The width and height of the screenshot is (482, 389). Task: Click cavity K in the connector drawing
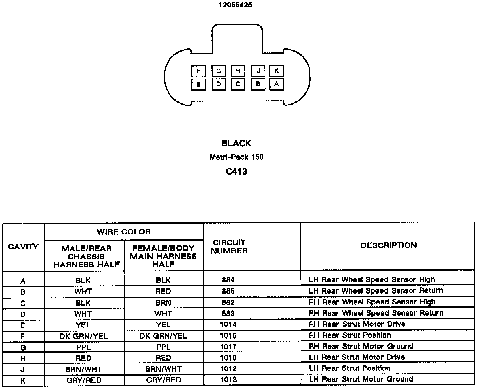[x=276, y=71]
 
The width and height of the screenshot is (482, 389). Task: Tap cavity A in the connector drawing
[x=276, y=84]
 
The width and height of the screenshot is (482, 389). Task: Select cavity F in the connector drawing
[x=198, y=71]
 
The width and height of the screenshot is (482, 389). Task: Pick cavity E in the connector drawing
[x=198, y=84]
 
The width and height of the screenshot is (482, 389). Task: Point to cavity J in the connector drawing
[x=258, y=71]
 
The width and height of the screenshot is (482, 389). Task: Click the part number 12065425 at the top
[x=235, y=5]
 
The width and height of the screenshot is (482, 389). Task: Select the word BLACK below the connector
[x=236, y=143]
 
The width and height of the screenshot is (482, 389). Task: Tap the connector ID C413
[x=236, y=172]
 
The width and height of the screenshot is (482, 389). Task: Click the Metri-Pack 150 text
[x=236, y=157]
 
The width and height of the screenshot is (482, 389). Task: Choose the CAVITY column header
[x=23, y=247]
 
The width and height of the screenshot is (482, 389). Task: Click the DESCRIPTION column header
[x=389, y=245]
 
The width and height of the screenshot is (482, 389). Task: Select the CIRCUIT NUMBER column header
[x=229, y=247]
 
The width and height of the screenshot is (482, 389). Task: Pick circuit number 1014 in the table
[x=228, y=324]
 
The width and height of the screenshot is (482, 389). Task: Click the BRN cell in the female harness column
[x=164, y=302]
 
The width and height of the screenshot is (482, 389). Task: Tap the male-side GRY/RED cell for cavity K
[x=84, y=380]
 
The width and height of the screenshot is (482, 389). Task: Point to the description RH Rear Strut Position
[x=350, y=335]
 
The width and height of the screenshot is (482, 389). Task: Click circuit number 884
[x=228, y=280]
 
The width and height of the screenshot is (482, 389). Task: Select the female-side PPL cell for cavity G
[x=164, y=347]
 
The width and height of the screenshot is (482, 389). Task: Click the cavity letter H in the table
[x=23, y=359]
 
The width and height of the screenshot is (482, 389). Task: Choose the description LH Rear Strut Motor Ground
[x=361, y=379]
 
